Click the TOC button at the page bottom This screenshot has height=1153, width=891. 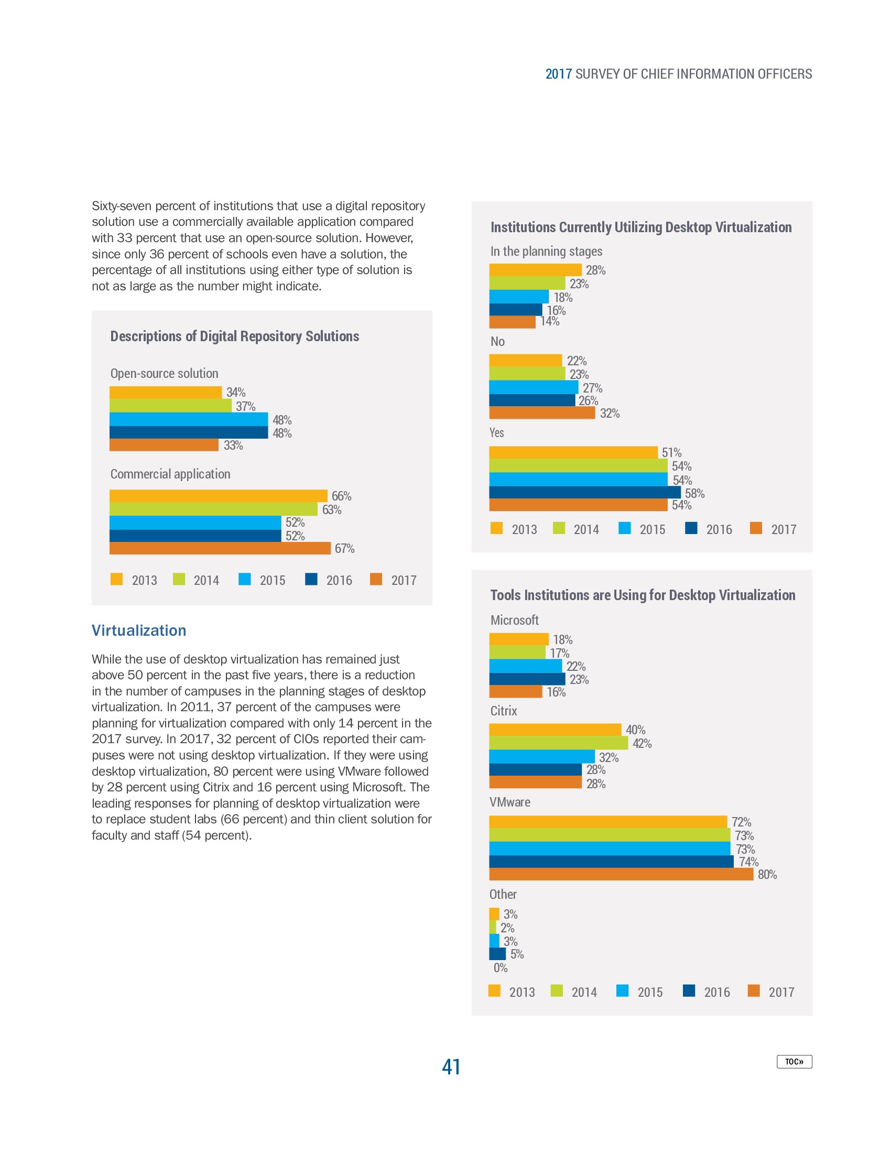[x=794, y=1061]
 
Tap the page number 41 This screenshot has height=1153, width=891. [x=451, y=1067]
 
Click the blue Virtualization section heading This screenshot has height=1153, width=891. [x=139, y=630]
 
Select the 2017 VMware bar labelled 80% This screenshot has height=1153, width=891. [x=621, y=874]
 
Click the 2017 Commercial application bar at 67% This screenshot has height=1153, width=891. [x=220, y=548]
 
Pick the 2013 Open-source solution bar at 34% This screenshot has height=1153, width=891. [x=165, y=392]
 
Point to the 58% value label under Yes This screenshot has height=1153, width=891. [x=694, y=493]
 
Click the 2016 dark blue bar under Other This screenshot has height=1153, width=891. [x=497, y=953]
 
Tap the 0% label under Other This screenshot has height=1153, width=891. [x=501, y=967]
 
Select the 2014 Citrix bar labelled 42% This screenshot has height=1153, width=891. [x=559, y=743]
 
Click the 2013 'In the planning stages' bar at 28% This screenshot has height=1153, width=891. [x=535, y=270]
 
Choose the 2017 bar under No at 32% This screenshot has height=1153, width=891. [x=541, y=413]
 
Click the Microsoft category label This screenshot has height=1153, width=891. [x=514, y=620]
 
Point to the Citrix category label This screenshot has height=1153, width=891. [x=504, y=711]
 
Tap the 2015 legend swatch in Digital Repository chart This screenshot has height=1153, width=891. [x=244, y=579]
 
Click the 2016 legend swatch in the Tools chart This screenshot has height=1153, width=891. [x=689, y=991]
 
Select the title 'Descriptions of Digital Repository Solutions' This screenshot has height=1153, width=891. [x=234, y=336]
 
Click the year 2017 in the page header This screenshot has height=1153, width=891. [x=559, y=74]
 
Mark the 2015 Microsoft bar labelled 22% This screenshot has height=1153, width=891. [x=525, y=666]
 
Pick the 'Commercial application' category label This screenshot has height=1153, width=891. [x=170, y=474]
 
